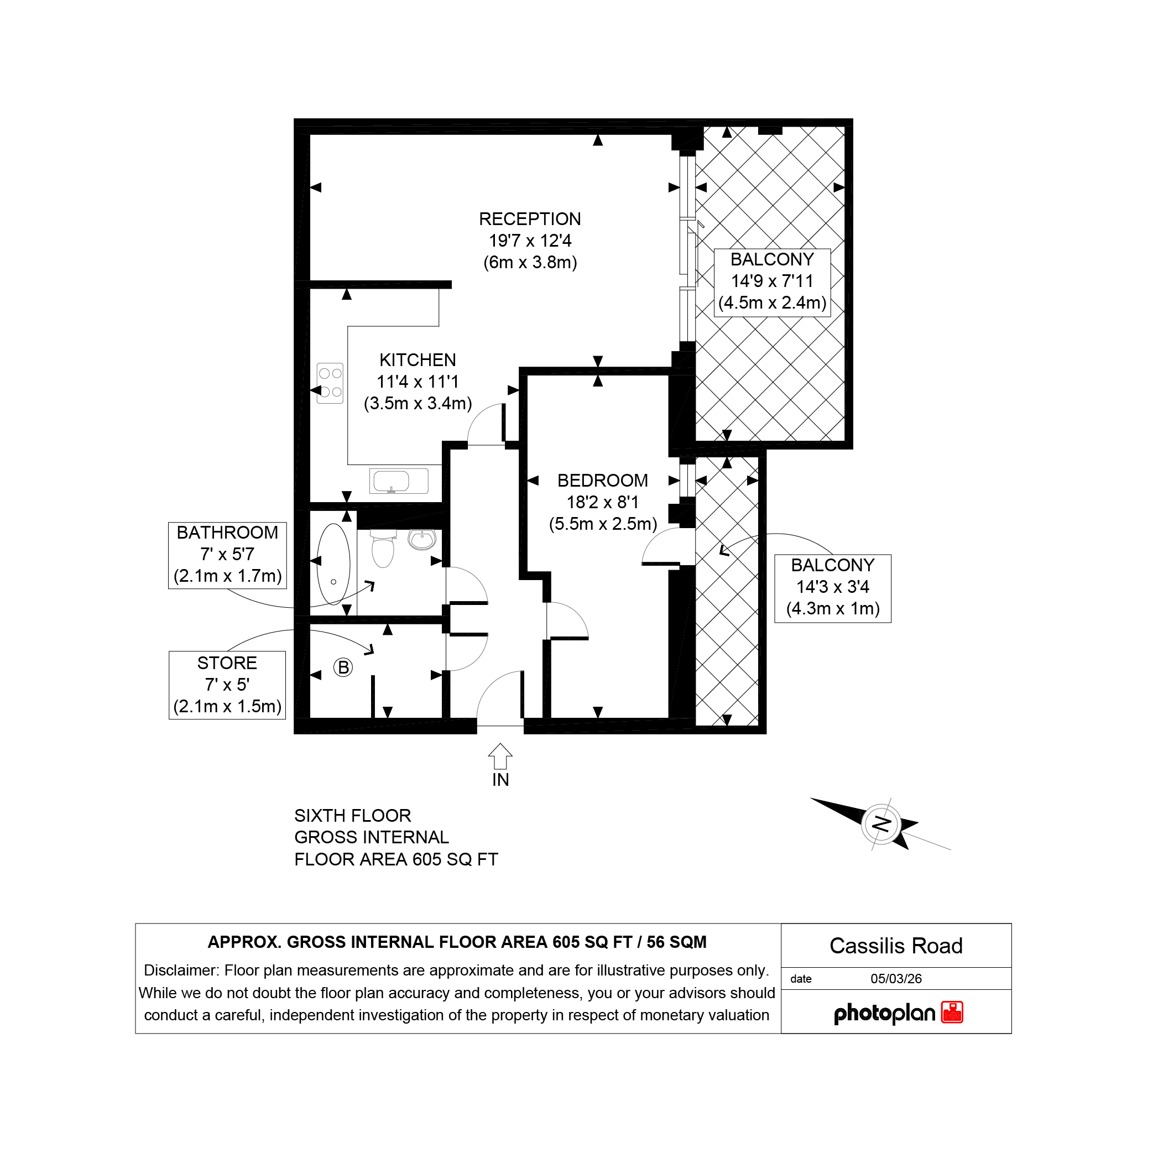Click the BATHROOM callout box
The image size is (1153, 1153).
tap(227, 555)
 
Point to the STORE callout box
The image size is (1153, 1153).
tap(227, 685)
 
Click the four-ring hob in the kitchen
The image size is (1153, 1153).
tap(330, 383)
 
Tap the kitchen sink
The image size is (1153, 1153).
tap(399, 481)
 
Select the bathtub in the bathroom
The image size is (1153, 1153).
tap(333, 565)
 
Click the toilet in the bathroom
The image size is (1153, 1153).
tap(383, 549)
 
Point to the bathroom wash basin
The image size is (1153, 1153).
tap(422, 539)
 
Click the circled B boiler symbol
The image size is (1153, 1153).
tap(343, 667)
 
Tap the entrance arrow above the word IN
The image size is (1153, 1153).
tap(500, 756)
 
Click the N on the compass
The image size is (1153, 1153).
tap(882, 824)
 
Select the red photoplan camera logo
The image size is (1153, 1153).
tap(952, 1012)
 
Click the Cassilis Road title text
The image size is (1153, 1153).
tap(896, 946)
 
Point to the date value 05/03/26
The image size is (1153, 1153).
tap(896, 979)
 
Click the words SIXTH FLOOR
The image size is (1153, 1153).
tap(353, 816)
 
